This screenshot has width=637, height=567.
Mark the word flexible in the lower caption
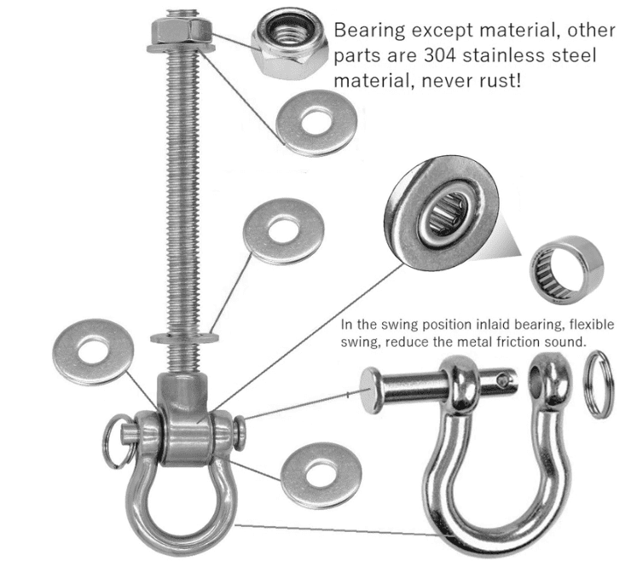click(588, 326)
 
